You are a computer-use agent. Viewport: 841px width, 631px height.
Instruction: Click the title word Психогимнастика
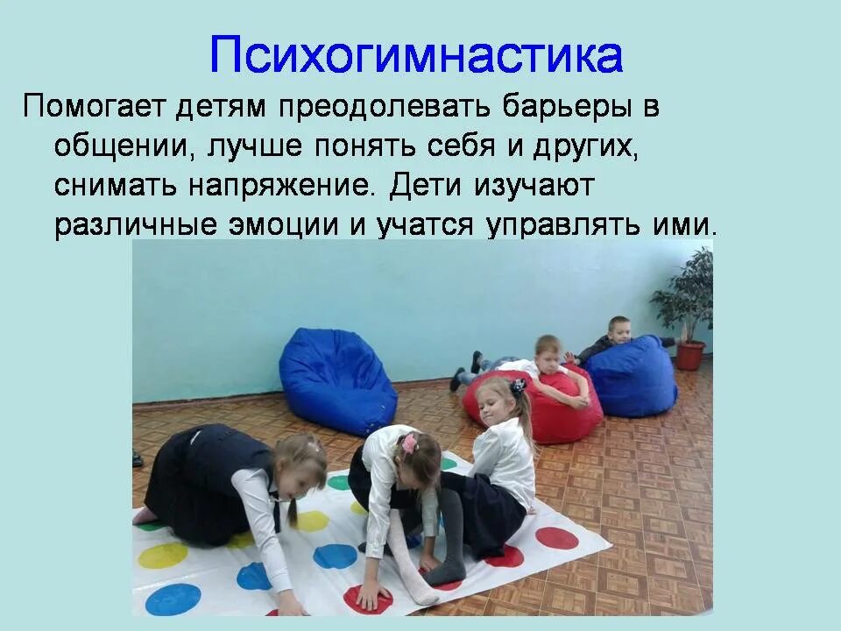[416, 54]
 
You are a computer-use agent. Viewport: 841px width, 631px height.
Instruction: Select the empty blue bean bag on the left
[337, 379]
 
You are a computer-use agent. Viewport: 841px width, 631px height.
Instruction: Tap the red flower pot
[689, 355]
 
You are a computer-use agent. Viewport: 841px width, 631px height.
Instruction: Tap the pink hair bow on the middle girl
[408, 443]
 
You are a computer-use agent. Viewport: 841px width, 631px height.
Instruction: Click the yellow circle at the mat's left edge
[164, 554]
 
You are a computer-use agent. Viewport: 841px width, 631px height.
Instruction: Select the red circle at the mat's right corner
[557, 537]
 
